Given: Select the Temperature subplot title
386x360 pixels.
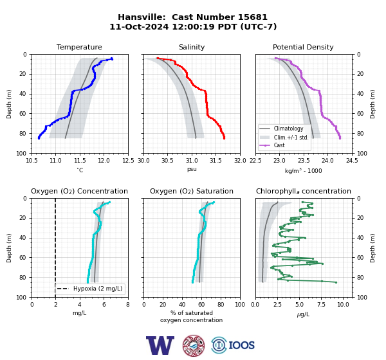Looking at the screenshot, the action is point(79,47).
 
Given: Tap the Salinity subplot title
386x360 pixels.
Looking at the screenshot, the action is point(192,47).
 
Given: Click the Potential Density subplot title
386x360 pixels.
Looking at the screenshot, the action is point(303,47).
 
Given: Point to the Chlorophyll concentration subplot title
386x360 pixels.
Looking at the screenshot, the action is point(303,191).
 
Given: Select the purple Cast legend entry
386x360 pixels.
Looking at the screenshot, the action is point(271,145).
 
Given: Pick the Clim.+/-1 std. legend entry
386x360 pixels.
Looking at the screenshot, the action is point(284,138).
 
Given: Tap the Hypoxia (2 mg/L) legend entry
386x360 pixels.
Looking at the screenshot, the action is point(89,289).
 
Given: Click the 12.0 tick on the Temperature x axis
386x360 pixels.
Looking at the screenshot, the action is point(104,161).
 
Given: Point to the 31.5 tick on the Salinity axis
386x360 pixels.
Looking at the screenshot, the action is point(216,161).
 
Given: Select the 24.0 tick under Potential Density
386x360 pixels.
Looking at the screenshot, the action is point(327,161).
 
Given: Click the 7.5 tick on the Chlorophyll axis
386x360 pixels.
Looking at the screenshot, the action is point(321,305).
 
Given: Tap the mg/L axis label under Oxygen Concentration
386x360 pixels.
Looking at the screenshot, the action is point(79,313).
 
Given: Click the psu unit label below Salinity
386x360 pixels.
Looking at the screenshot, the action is point(192,169).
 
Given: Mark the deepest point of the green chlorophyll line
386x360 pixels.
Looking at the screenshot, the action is point(336,282).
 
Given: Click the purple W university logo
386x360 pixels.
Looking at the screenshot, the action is point(160,345).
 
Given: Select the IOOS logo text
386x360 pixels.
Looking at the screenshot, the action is point(241,345).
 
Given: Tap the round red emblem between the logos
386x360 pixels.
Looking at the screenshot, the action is point(194,345).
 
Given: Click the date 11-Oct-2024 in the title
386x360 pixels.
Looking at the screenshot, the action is point(139,26).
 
